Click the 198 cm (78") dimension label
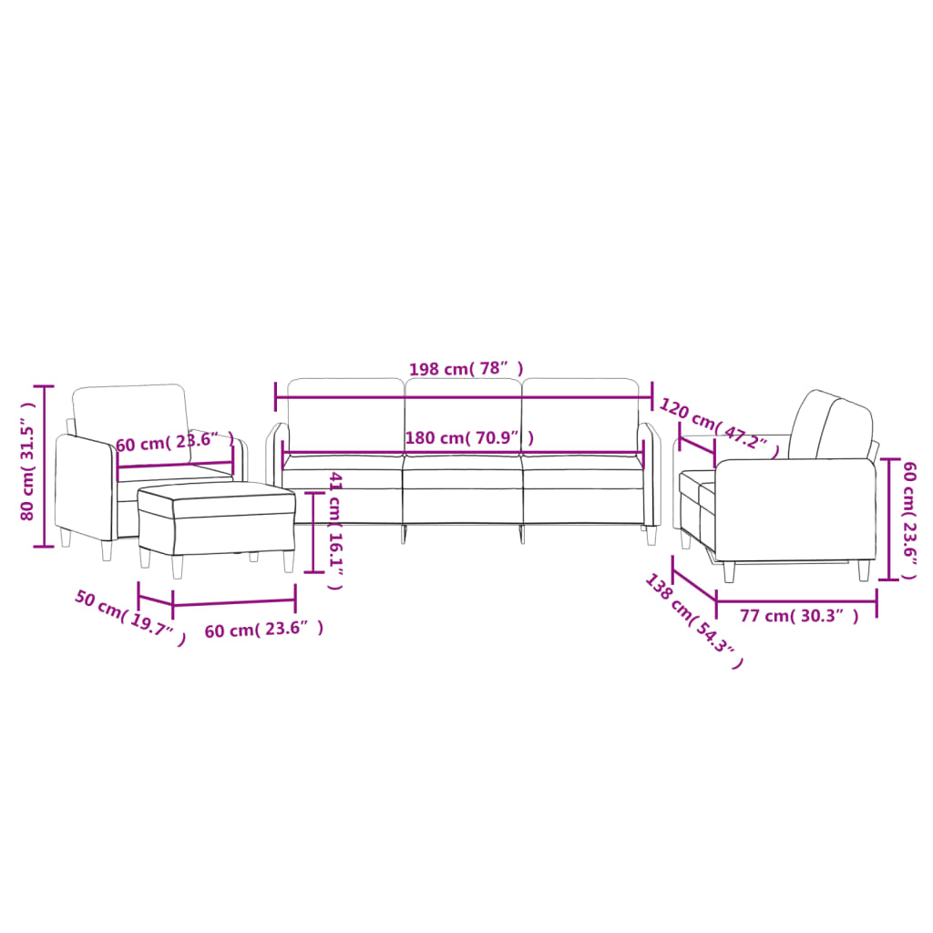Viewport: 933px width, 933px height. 466,369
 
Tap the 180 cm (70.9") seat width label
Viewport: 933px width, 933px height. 469,438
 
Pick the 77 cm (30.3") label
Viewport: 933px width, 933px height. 799,617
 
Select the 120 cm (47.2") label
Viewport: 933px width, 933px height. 720,427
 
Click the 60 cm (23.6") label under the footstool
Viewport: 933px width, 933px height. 263,630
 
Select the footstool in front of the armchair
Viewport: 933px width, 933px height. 216,519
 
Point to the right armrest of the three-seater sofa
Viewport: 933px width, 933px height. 651,474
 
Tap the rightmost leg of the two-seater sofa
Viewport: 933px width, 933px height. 864,570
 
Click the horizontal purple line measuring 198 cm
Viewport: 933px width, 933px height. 464,396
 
